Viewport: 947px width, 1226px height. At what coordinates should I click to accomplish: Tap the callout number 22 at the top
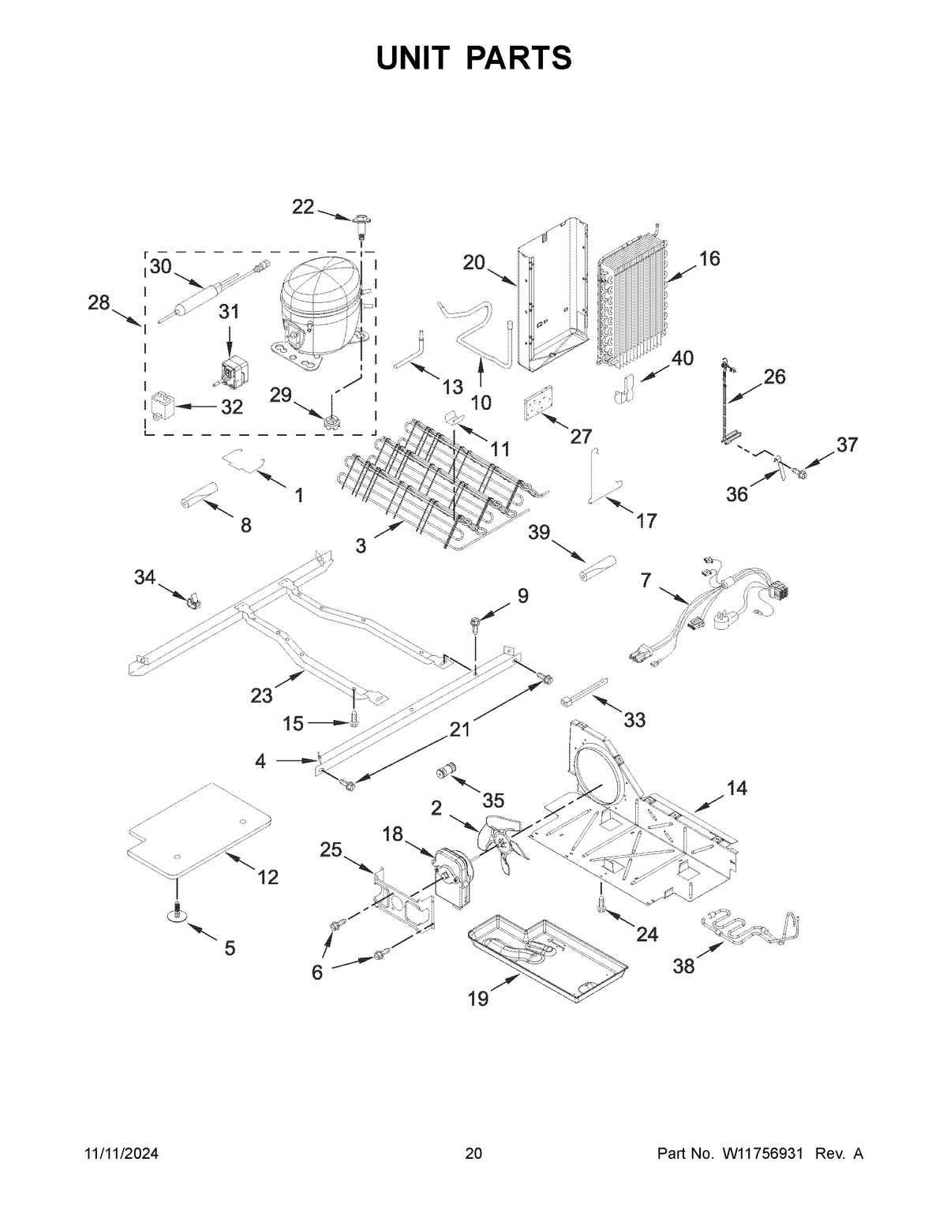303,207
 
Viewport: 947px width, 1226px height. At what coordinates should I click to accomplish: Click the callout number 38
683,965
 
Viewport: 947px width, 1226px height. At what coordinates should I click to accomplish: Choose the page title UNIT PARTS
473,58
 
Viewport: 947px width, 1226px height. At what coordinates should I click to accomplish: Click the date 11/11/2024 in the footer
122,1154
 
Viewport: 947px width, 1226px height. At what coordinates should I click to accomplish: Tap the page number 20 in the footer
473,1154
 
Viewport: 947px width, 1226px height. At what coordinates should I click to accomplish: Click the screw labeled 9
476,624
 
